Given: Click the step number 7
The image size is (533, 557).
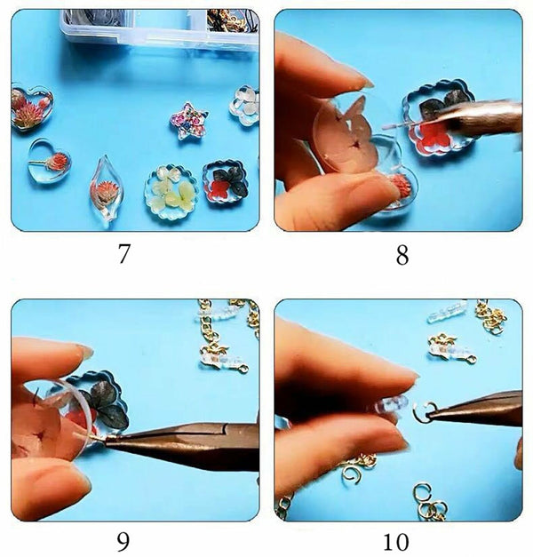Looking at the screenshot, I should point(124,254).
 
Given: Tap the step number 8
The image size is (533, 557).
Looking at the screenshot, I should point(402,255).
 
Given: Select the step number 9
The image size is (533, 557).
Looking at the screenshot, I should point(124,540).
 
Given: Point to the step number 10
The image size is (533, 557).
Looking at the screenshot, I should point(402,540).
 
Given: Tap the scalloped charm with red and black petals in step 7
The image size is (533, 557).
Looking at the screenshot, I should point(225,180).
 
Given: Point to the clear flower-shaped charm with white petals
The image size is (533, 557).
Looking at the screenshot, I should point(246,104).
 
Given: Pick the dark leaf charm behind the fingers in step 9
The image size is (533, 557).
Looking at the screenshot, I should point(105,401).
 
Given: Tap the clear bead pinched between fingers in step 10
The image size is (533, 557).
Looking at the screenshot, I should point(391,405).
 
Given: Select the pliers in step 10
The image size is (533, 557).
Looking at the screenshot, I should point(480,410).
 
